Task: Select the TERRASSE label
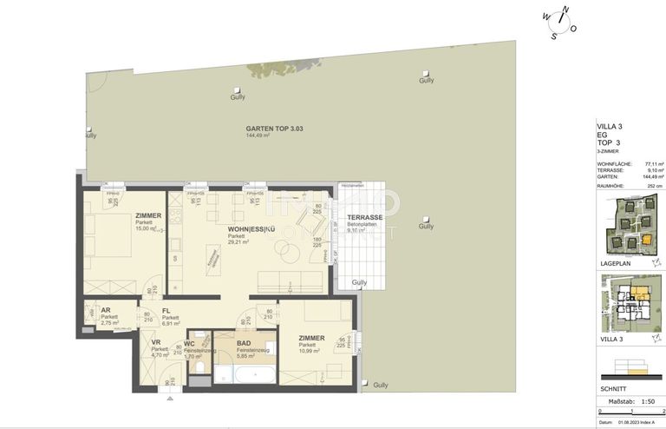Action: click(364, 218)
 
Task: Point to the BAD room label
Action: click(244, 343)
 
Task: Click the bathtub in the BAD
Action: click(246, 374)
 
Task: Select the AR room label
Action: click(106, 310)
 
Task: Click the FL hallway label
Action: click(166, 310)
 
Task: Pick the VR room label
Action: click(156, 342)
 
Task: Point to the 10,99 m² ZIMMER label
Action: click(311, 339)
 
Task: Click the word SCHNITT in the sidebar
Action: click(613, 389)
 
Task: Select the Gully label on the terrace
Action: click(359, 282)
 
